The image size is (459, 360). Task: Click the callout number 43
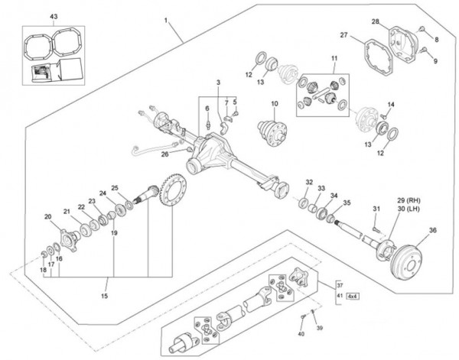(31, 16)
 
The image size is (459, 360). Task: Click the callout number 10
(275, 103)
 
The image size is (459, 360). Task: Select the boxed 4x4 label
(353, 295)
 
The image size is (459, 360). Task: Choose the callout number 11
(334, 59)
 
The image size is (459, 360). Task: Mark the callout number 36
(433, 230)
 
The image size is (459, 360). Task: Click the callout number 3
(217, 82)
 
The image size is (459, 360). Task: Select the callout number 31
(376, 209)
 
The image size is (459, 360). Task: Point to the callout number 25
(115, 187)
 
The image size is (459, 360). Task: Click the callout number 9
(435, 60)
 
